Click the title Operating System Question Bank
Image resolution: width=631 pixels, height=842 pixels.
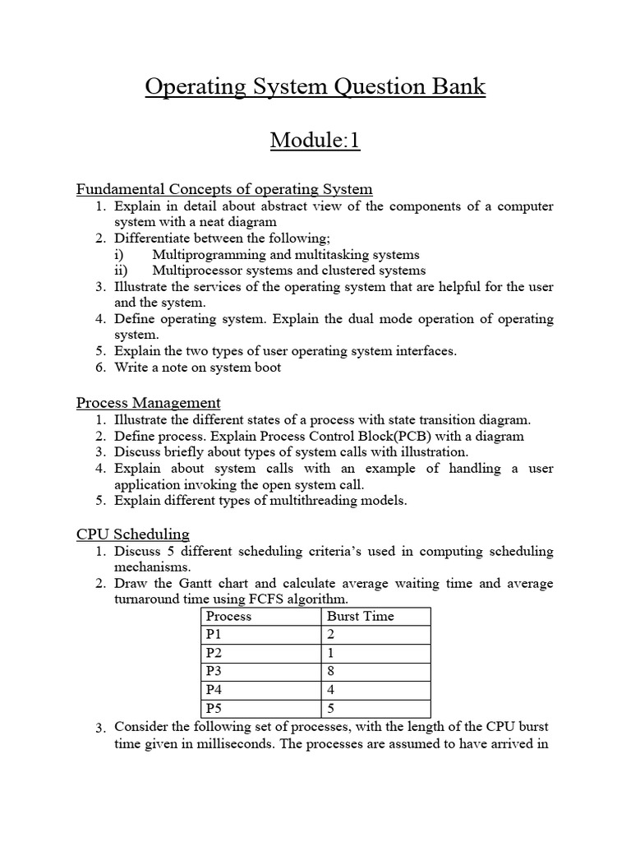point(315,86)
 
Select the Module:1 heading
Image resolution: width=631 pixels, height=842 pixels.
point(315,141)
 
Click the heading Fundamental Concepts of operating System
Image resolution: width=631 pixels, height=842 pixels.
point(224,189)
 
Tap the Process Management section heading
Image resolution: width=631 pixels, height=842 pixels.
point(148,403)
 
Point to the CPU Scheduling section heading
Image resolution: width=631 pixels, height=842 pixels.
point(133,534)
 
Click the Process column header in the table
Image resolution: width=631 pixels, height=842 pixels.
point(228,616)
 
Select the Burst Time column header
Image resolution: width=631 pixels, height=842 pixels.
point(360,616)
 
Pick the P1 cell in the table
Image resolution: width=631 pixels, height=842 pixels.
point(214,635)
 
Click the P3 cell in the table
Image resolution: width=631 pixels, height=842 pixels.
point(214,671)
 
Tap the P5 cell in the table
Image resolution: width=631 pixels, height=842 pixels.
point(214,707)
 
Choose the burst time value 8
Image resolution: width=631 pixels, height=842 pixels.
point(331,671)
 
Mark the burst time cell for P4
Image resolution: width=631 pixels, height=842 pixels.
point(331,689)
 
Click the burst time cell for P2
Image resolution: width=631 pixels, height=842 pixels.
point(331,653)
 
